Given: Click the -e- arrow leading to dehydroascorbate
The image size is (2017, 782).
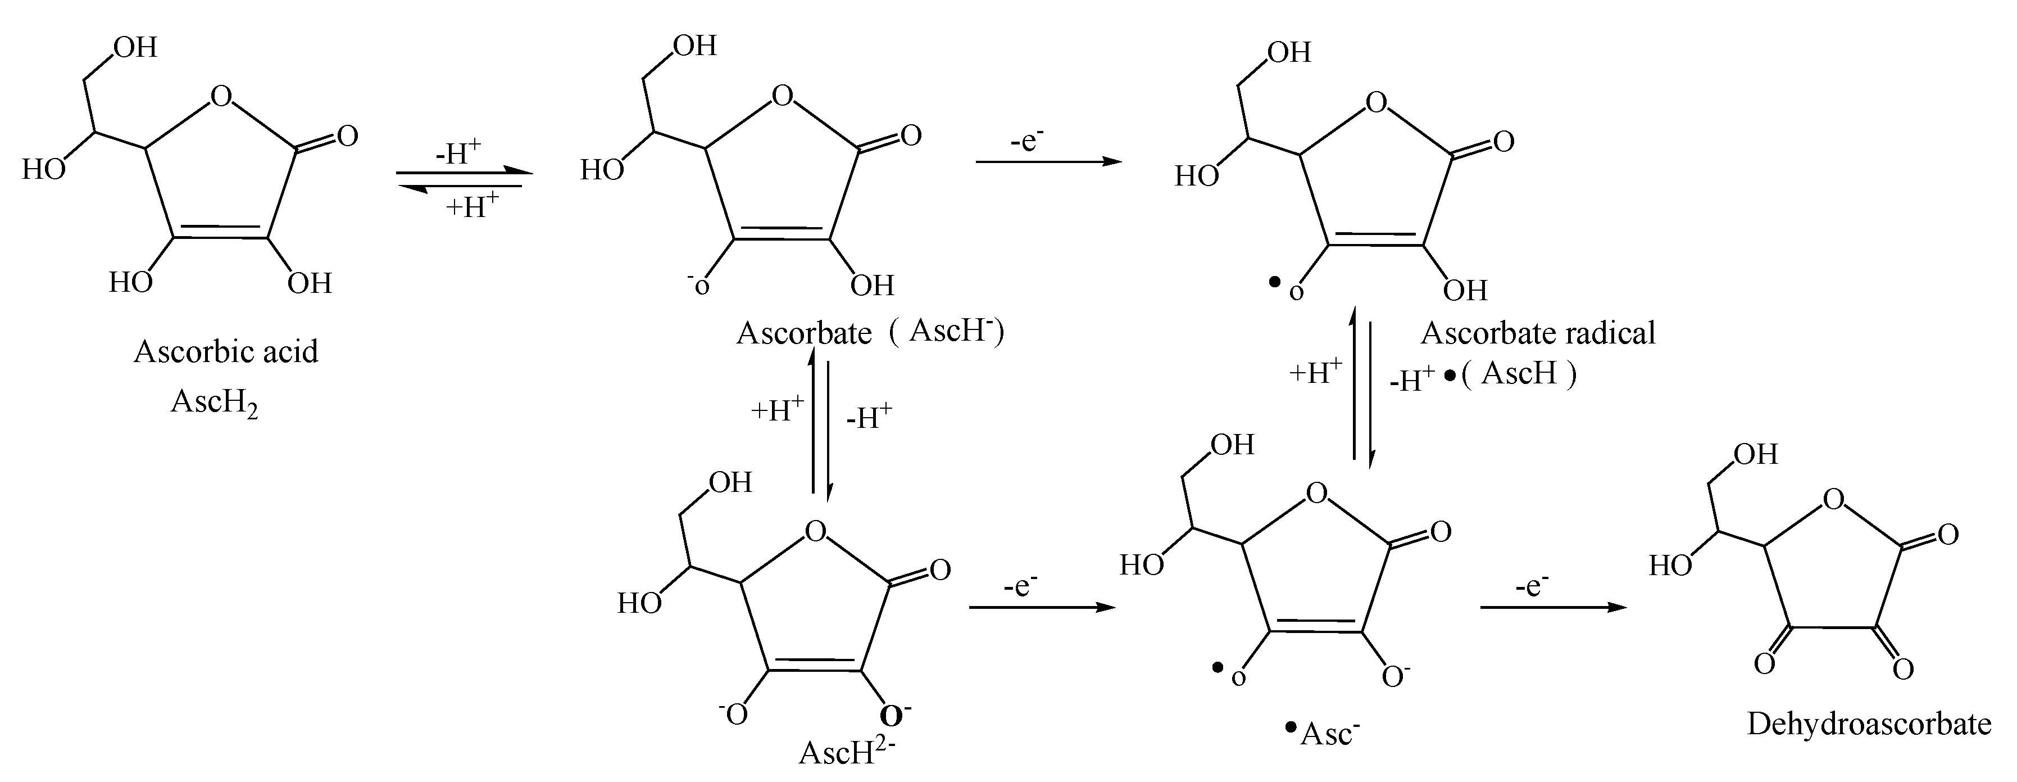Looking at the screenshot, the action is click(x=1553, y=607).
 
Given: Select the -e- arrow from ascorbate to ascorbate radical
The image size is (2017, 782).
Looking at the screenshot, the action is click(x=1048, y=161).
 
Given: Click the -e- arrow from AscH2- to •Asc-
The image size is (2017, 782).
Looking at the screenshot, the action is click(x=1042, y=607).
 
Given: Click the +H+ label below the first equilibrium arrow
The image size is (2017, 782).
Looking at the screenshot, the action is click(x=472, y=207).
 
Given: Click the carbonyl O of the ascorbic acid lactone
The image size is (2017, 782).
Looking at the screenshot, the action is click(x=346, y=135).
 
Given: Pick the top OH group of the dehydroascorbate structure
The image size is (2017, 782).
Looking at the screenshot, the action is click(x=1755, y=454).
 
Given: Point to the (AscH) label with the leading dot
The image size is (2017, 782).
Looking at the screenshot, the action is click(x=1510, y=374).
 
